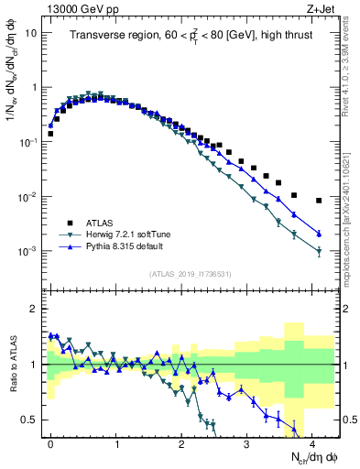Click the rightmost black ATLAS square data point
(319, 201)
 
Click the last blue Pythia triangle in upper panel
(319, 234)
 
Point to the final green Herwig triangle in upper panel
(319, 252)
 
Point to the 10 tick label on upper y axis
(30, 33)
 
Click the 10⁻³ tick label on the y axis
(27, 251)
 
